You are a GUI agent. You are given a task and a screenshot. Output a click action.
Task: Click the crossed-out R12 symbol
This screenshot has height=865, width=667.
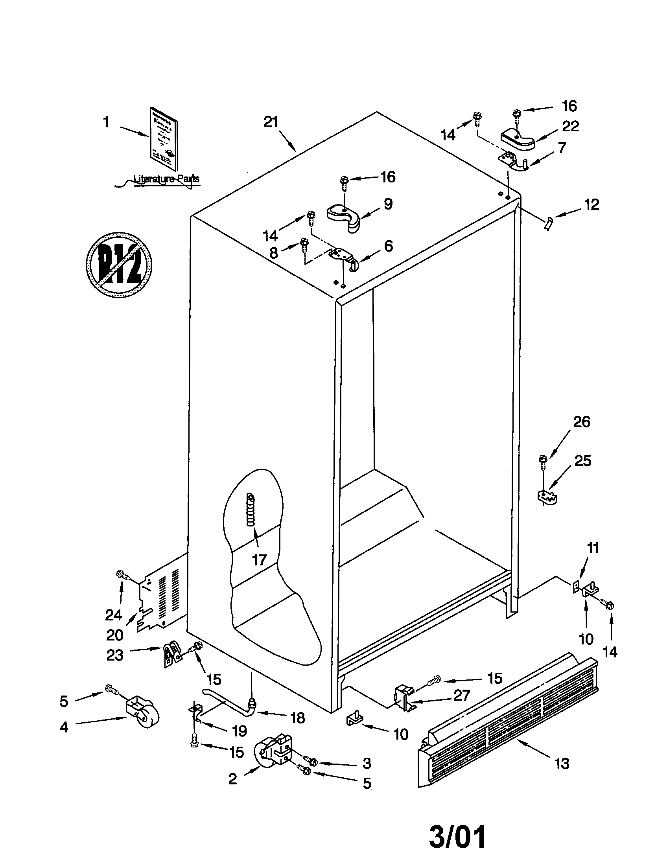(119, 264)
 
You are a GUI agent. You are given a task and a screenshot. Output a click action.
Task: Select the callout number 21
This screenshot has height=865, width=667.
(271, 122)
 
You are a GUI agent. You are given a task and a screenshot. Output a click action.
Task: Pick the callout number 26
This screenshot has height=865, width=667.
(581, 422)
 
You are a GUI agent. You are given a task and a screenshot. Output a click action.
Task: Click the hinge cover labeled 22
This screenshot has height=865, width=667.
(517, 140)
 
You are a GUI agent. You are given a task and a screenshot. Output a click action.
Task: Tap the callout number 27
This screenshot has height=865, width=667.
(462, 695)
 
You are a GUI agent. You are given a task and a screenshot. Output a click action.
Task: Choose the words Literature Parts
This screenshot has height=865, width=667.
(166, 179)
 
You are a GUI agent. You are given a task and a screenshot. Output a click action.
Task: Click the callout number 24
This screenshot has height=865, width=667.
(113, 615)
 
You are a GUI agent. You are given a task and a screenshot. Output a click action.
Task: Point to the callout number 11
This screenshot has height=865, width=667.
(593, 548)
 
